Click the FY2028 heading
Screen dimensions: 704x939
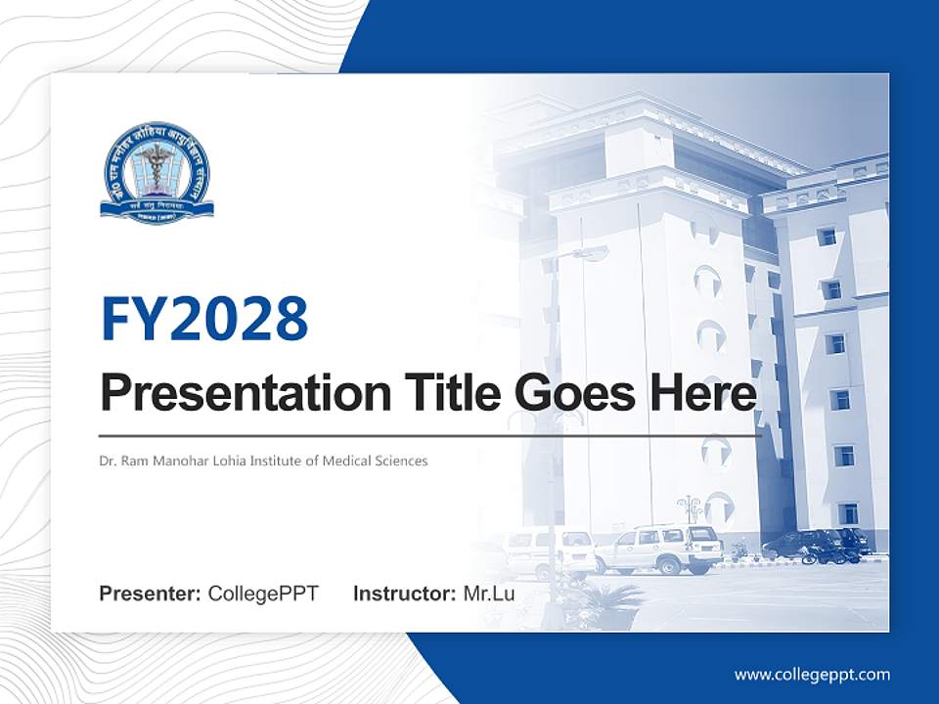(x=204, y=318)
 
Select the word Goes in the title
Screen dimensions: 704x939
(x=571, y=393)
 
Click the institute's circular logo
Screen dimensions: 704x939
(x=156, y=171)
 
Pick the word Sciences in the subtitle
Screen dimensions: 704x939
(x=403, y=461)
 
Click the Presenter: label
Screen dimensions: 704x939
(x=151, y=594)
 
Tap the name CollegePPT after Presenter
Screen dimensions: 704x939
(x=263, y=594)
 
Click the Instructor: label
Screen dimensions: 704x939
(x=404, y=594)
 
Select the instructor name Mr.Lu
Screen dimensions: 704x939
(x=489, y=594)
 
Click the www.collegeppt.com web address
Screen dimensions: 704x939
(x=812, y=675)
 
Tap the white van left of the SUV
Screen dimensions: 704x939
(x=548, y=550)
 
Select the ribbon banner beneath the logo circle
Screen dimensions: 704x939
(x=156, y=208)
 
